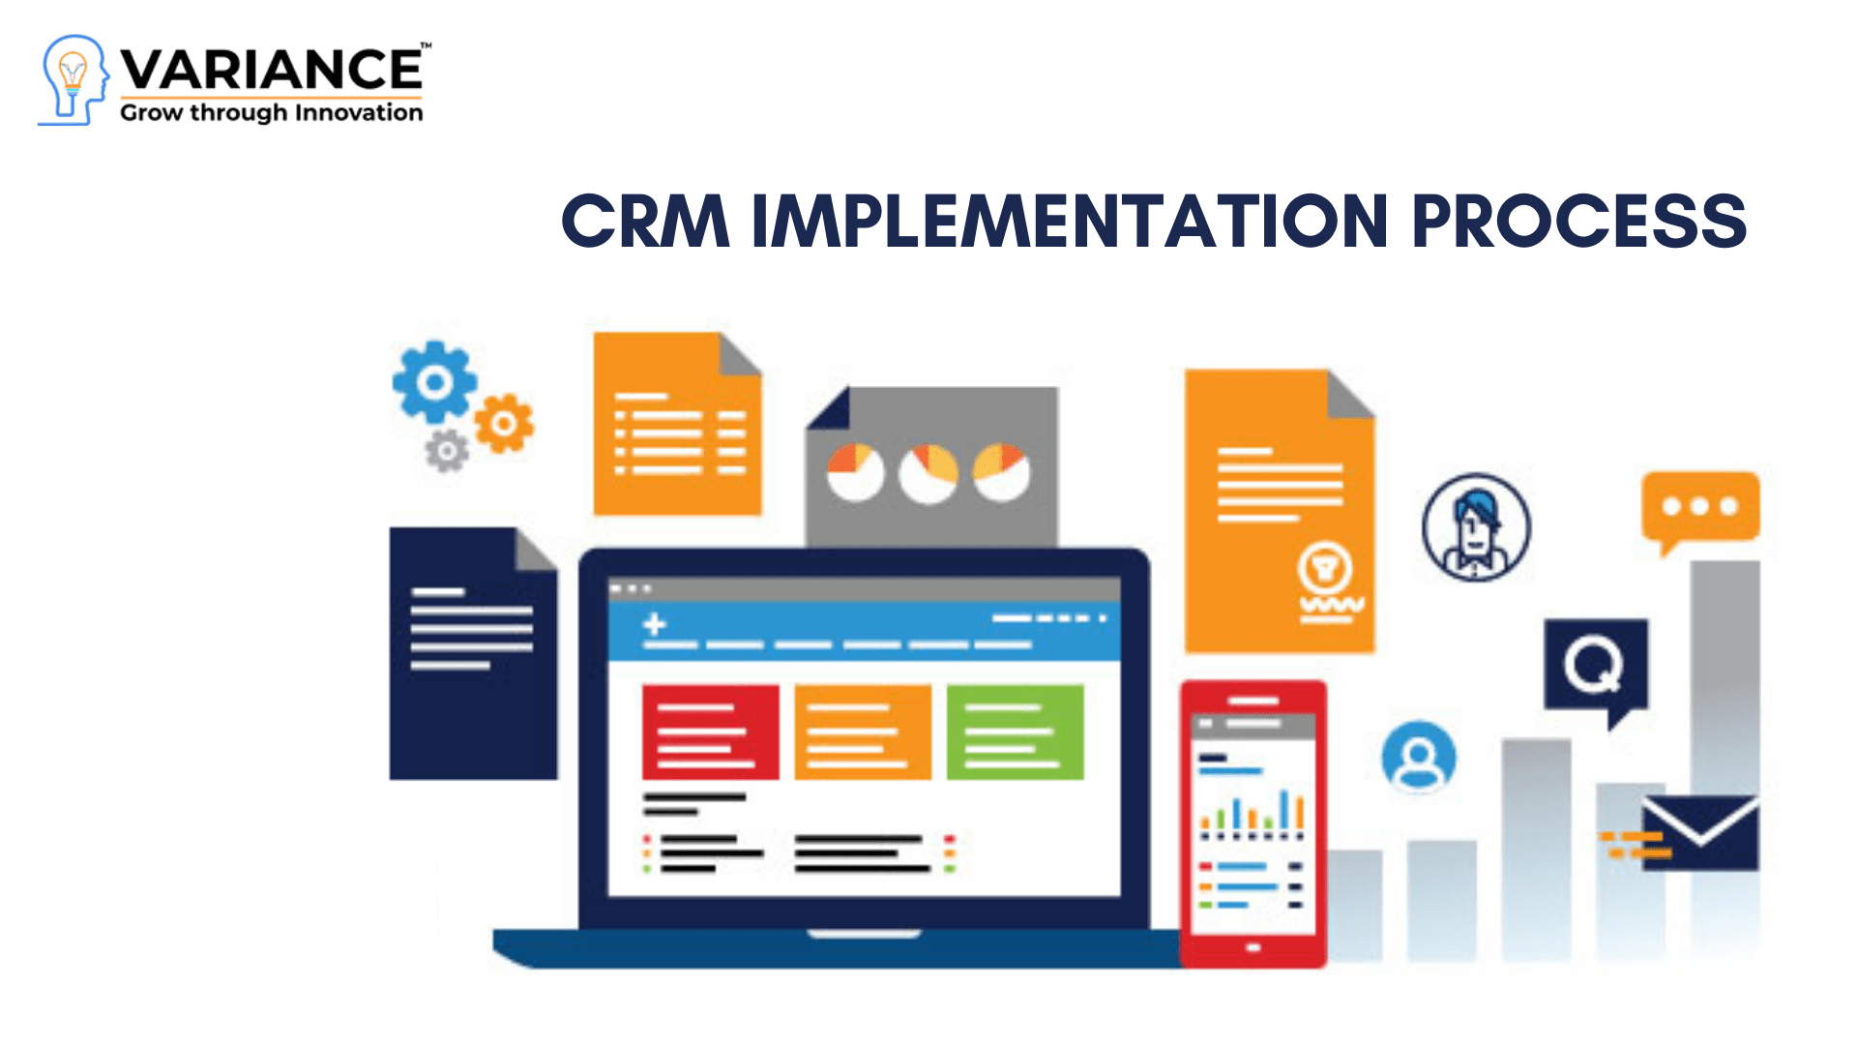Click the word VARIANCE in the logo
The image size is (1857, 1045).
pos(272,70)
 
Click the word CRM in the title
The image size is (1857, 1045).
pos(644,222)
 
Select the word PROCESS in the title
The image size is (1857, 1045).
pos(1578,222)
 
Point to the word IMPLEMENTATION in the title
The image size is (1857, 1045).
pos(1070,222)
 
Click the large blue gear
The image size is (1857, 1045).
pos(434,382)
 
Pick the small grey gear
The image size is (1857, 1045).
pos(447,451)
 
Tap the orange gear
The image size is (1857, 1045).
pos(503,423)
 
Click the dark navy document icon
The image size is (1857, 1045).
pos(473,654)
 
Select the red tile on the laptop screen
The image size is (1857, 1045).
pos(710,732)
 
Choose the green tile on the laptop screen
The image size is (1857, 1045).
pos(1015,732)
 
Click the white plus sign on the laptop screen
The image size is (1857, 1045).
pos(655,624)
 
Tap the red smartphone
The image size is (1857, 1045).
pos(1253,822)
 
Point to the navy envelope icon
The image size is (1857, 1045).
pos(1699,832)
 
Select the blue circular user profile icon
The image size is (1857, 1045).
pos(1418,757)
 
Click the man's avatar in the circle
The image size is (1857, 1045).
pos(1476,527)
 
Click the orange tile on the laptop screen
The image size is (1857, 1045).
pos(862,732)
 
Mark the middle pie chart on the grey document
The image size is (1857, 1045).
pos(928,473)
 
